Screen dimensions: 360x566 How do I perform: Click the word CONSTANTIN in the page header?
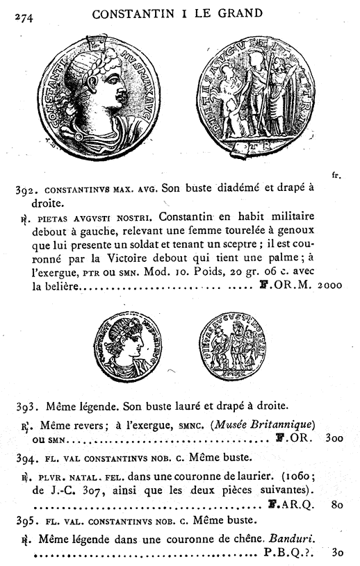130,13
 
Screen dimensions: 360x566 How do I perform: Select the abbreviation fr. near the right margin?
336,176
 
